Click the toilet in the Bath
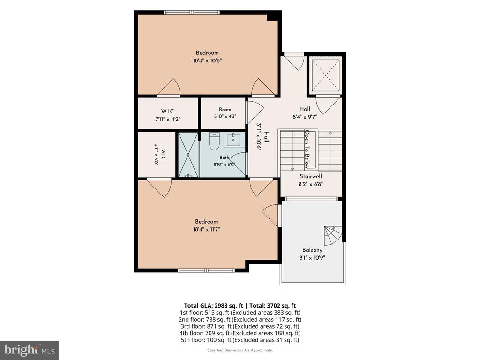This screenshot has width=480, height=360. pos(214,141)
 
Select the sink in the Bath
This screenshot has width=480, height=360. pos(234,140)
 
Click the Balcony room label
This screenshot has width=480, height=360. pos(312,250)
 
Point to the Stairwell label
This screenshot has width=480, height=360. pos(311,176)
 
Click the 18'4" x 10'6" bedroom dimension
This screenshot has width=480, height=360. pos(207,60)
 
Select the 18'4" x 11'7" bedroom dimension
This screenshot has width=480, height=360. pos(207,229)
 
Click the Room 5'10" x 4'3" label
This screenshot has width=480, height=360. pos(225,112)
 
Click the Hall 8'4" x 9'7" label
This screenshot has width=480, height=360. pos(305,112)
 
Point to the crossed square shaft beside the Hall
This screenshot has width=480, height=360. pos(325,75)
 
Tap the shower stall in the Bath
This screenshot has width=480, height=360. pos(188,155)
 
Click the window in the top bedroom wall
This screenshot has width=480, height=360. pos(192,12)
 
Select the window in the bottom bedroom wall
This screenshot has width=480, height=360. pos(207,270)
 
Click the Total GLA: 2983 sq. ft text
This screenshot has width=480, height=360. pos(213,306)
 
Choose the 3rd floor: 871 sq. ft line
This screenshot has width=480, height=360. pos(240,326)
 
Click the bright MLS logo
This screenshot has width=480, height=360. pos(30,350)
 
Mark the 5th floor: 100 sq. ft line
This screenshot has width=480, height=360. pos(240,340)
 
